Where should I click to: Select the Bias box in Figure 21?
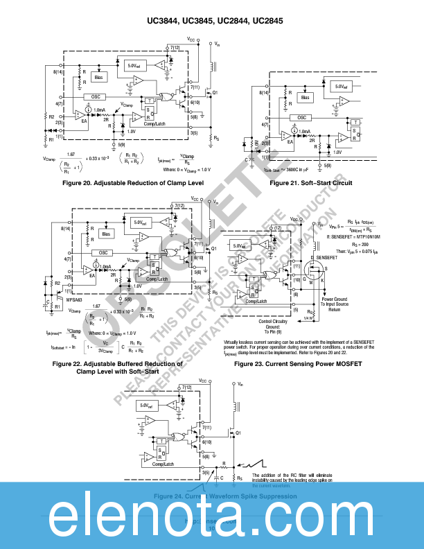pyautogui.click(x=306, y=98)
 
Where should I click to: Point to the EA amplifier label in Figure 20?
pyautogui.click(x=84, y=121)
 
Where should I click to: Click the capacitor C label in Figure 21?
pyautogui.click(x=247, y=160)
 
